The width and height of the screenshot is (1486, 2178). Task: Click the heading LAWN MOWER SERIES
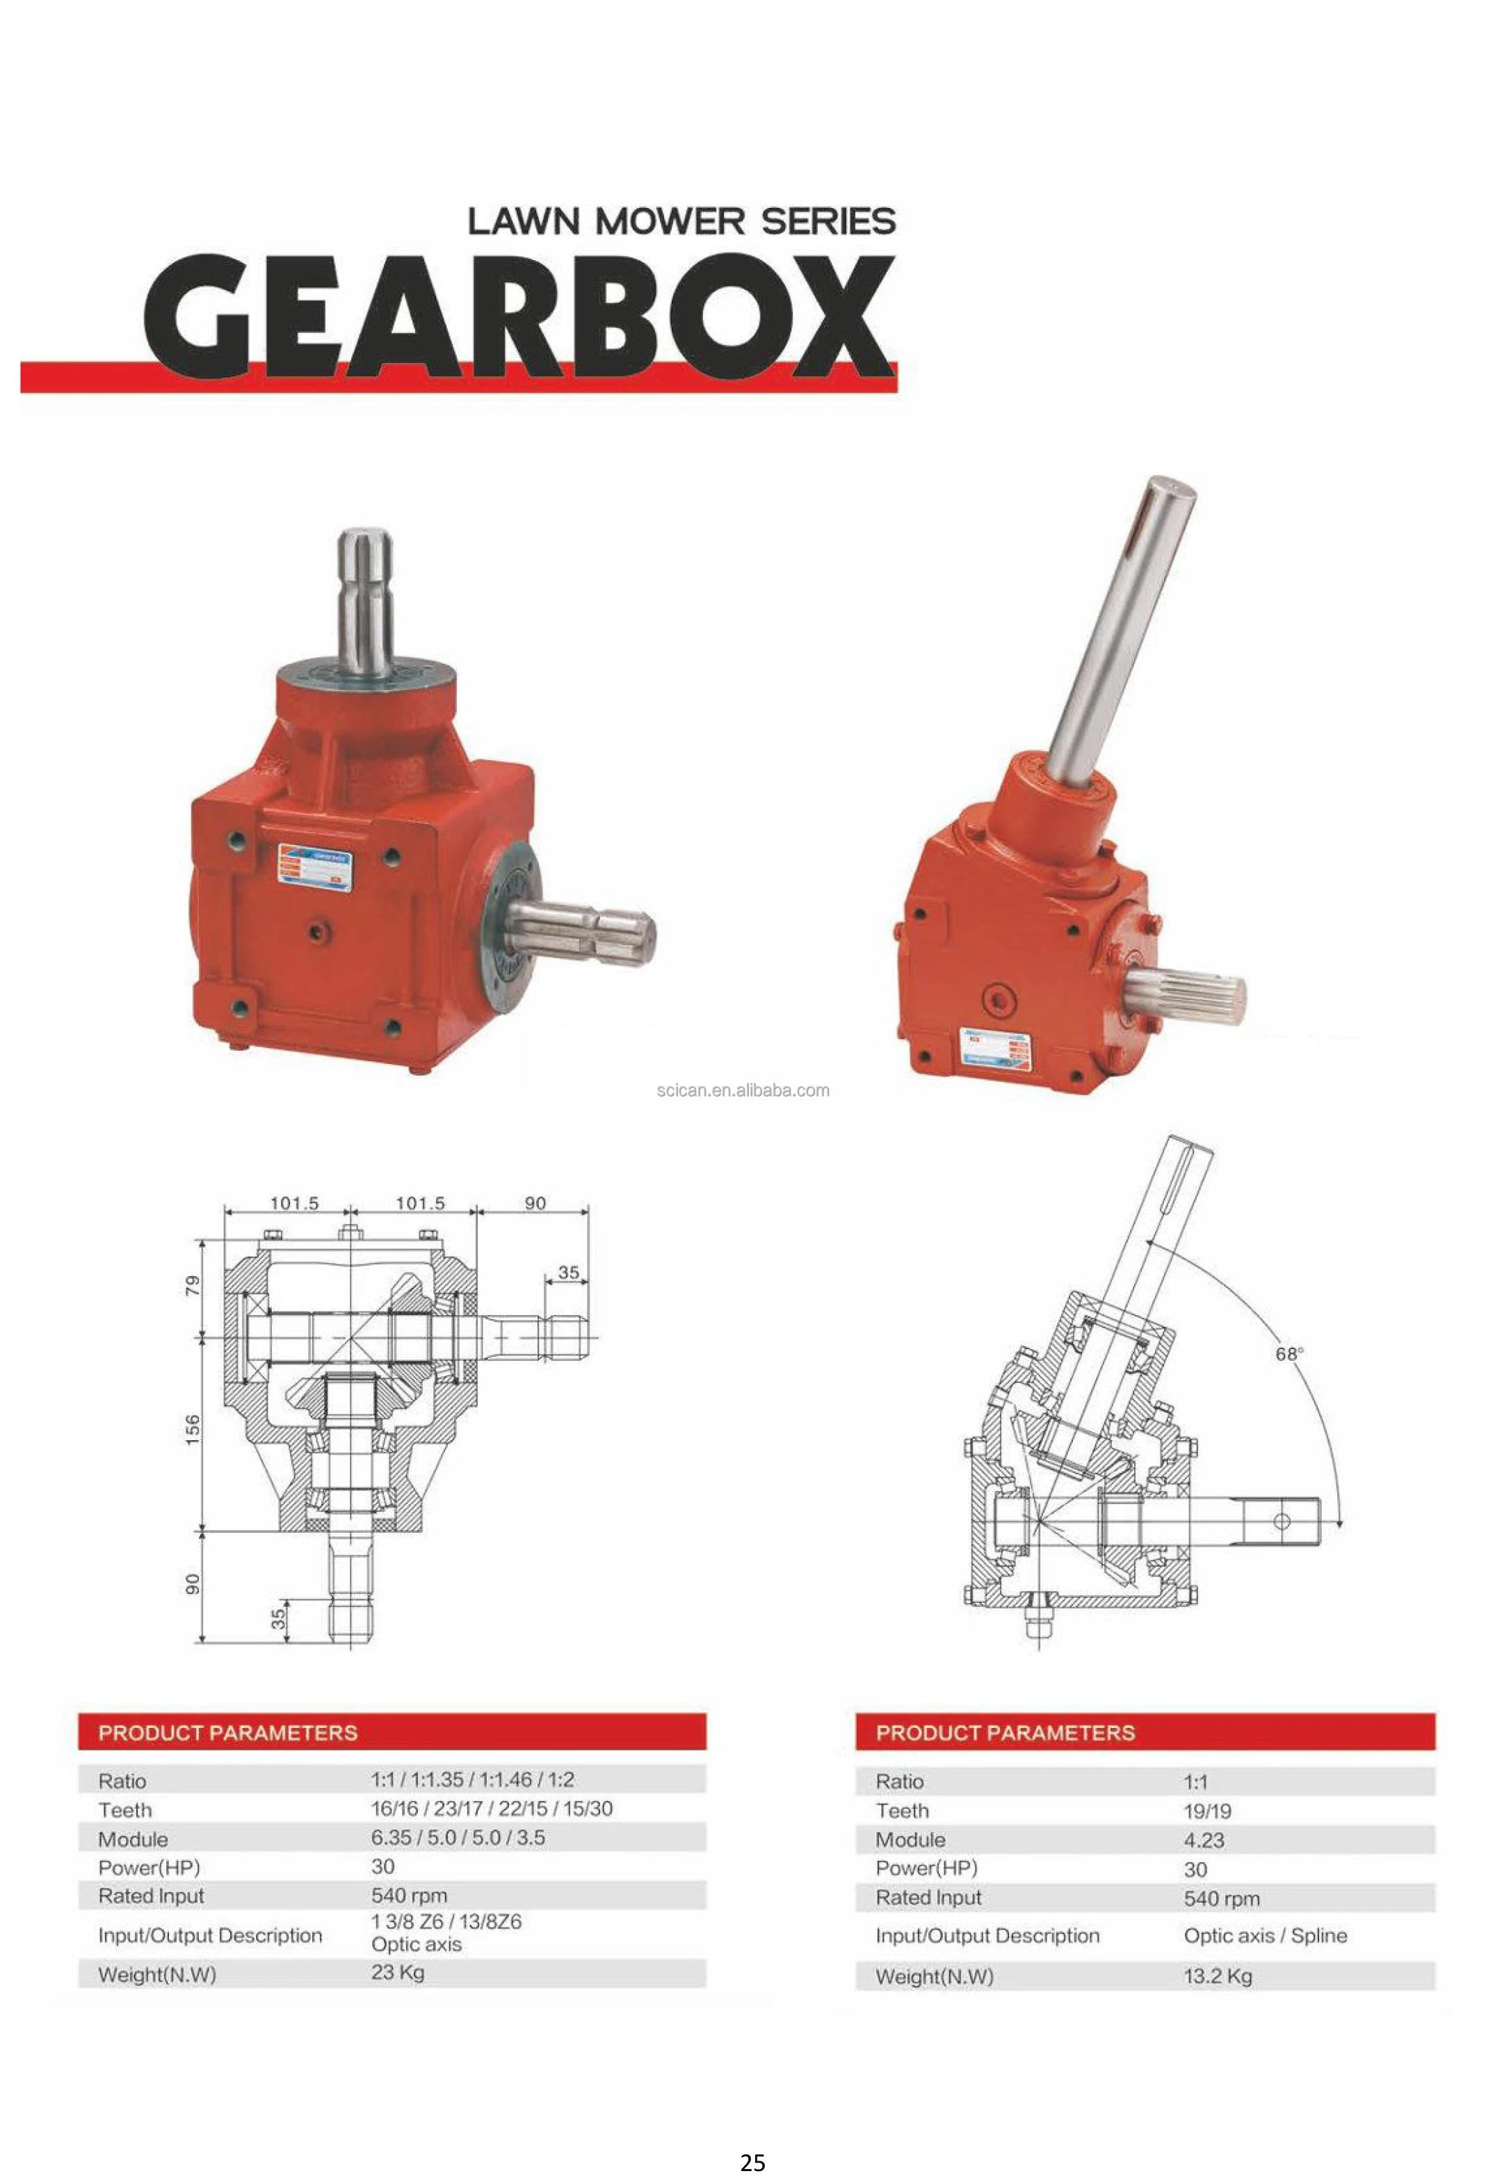point(681,222)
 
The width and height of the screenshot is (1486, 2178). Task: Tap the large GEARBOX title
point(518,317)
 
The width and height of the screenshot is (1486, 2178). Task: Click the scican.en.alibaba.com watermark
point(742,1090)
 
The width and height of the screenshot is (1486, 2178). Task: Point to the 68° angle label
point(1289,1353)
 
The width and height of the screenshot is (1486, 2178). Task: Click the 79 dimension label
point(192,1286)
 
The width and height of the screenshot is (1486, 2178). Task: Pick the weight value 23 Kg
point(397,1972)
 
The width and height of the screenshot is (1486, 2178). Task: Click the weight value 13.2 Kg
point(1217,1976)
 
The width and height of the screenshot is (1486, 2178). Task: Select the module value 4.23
point(1203,1839)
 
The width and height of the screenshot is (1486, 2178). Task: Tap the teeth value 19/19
point(1206,1811)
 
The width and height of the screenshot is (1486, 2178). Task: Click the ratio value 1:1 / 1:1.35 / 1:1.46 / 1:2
point(472,1779)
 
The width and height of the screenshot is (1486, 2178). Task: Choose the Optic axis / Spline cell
point(1265,1935)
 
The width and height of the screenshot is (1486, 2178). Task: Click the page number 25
point(752,2162)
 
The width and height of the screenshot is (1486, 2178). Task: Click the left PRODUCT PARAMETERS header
point(227,1732)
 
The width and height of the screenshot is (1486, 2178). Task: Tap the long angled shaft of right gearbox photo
point(1119,637)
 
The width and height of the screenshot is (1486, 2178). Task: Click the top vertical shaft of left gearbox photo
point(364,600)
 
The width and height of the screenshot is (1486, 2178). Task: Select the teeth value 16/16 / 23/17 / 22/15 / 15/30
point(491,1808)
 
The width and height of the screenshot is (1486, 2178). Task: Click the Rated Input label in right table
point(928,1897)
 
